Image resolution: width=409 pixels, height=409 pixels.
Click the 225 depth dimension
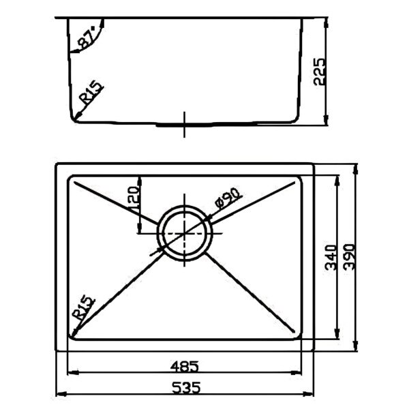tap(320, 72)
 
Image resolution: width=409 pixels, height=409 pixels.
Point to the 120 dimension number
tap(134, 199)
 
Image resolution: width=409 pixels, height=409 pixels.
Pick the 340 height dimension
tap(331, 257)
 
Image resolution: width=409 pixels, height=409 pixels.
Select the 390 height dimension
tap(349, 257)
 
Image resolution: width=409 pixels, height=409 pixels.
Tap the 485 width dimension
tap(185, 366)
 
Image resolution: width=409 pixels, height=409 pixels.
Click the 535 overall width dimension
tap(186, 387)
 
